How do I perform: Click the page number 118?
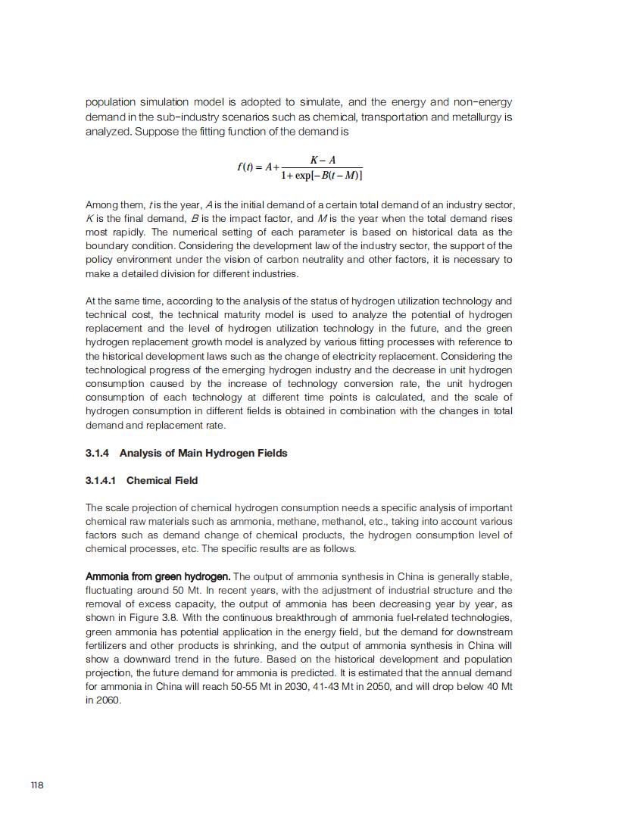click(37, 785)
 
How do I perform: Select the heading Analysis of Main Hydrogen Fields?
click(203, 453)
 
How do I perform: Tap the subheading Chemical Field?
click(162, 480)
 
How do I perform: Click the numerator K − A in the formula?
click(323, 160)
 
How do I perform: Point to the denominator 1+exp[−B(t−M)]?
click(321, 176)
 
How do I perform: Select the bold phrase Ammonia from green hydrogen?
click(158, 576)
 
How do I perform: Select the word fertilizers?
click(108, 645)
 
